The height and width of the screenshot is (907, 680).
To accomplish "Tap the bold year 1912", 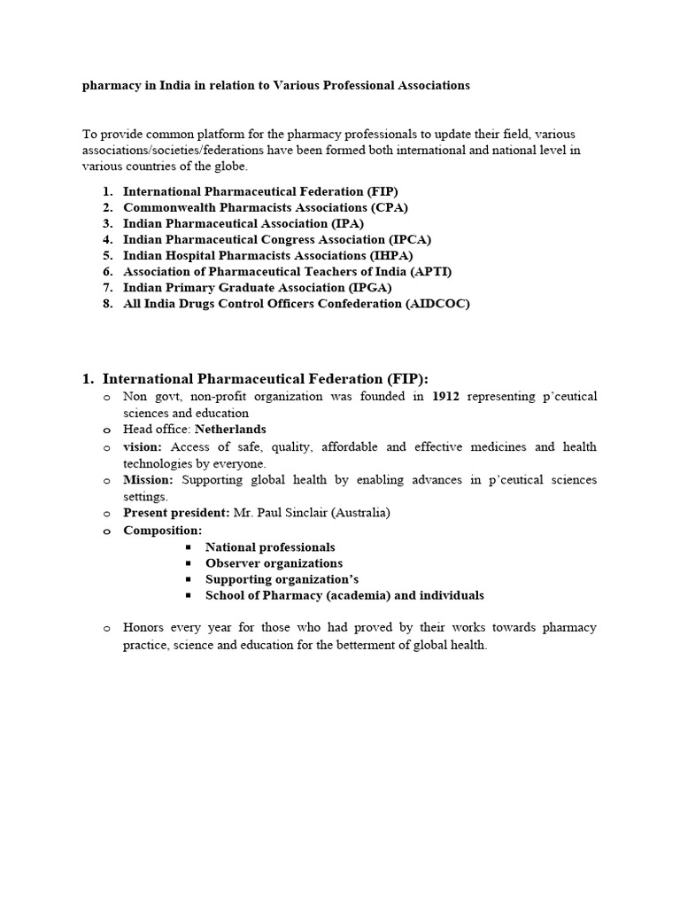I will click(x=445, y=397).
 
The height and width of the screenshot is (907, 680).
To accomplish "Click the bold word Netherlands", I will click(x=230, y=430).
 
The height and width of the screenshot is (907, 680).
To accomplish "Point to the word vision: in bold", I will click(x=143, y=446).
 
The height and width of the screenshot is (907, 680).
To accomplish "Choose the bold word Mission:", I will click(x=149, y=479).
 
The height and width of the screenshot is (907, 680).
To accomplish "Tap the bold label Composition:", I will click(x=162, y=530).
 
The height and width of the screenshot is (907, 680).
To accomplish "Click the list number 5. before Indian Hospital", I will click(x=107, y=255).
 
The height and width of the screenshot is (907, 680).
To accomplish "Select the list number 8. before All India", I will click(x=107, y=303).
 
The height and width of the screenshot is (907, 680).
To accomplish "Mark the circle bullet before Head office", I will click(x=107, y=430).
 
